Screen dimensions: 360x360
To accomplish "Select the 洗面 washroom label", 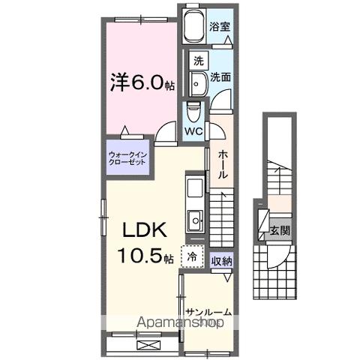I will [x=219, y=76].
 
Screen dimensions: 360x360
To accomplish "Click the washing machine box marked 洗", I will [x=197, y=60].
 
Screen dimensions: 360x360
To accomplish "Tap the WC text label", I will [x=193, y=130].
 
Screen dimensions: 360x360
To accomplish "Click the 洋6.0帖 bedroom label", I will [x=143, y=80].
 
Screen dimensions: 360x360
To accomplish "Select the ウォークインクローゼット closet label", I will [x=130, y=158].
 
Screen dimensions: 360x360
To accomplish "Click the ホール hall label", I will [x=223, y=163].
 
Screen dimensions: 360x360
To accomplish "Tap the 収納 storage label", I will [x=220, y=261].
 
